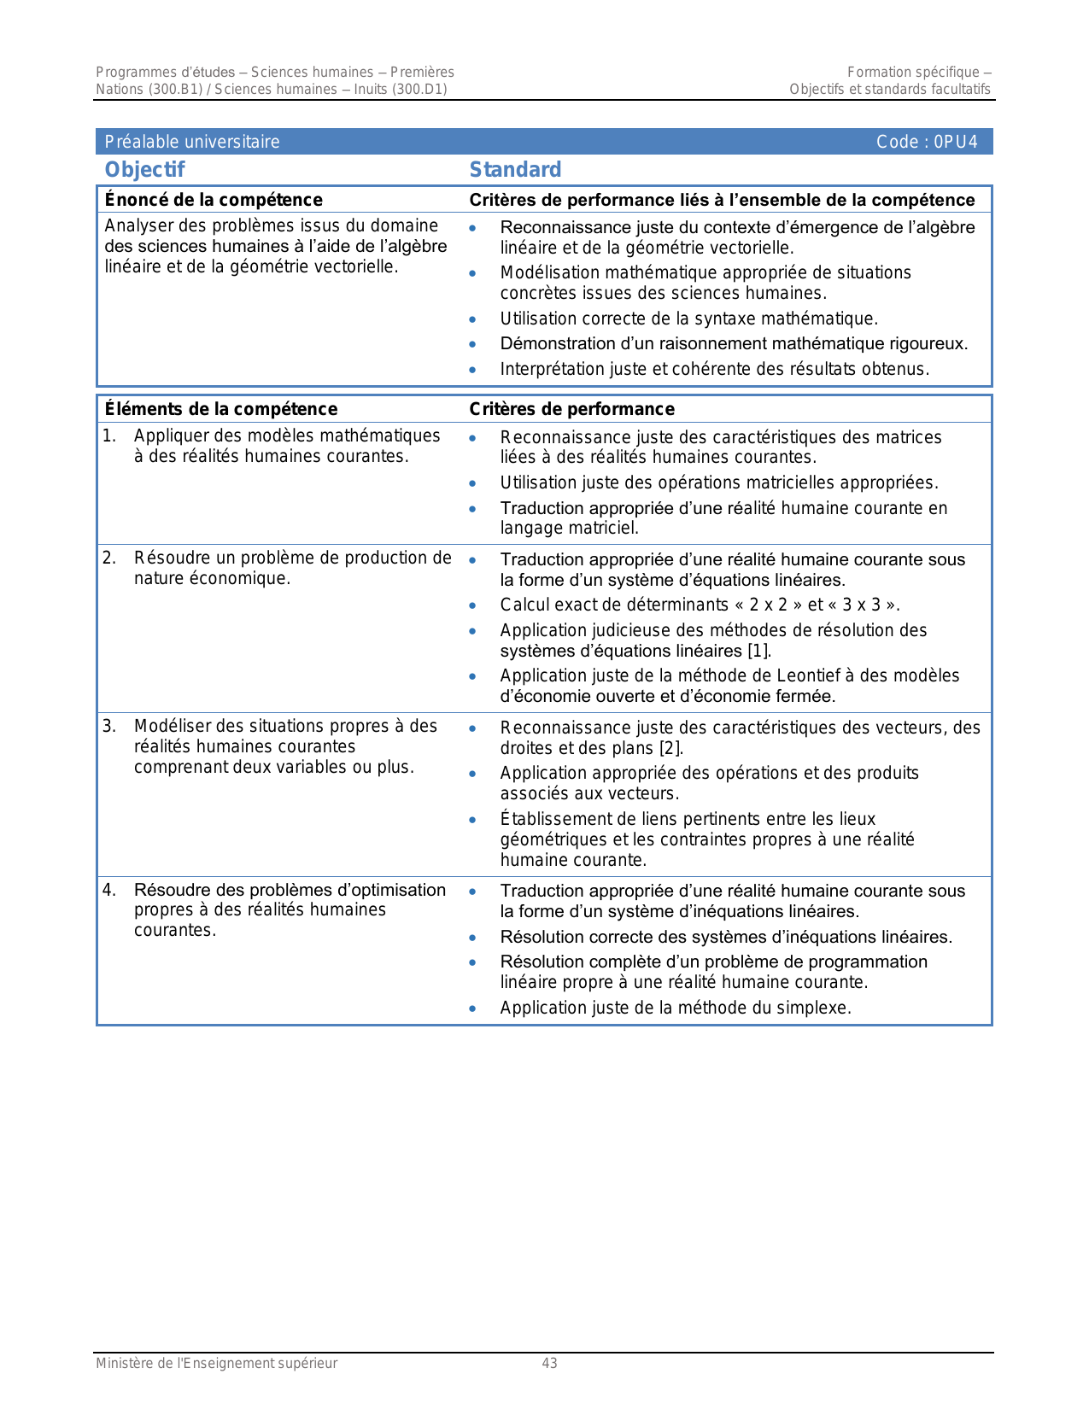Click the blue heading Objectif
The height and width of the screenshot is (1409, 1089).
tap(144, 170)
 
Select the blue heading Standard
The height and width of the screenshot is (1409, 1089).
tap(515, 170)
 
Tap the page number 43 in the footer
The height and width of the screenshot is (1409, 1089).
tap(549, 1364)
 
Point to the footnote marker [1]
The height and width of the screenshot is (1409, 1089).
tap(759, 651)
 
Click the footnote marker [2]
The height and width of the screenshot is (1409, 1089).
tap(670, 748)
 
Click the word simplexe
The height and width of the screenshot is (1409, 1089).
tap(815, 1008)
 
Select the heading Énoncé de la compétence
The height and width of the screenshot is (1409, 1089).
tap(214, 200)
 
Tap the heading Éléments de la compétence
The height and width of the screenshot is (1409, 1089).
tap(221, 409)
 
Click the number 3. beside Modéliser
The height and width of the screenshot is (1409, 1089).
tap(109, 726)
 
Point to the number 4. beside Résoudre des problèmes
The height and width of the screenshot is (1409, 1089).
tap(109, 890)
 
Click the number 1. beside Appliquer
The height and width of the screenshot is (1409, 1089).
tap(109, 436)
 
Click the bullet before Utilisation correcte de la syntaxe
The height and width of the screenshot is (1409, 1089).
tap(472, 319)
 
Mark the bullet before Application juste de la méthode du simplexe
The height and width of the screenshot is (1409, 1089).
tap(472, 1009)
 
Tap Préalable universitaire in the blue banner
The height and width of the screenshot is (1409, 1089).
tap(192, 142)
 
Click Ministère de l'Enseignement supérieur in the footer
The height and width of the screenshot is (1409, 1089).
tap(216, 1364)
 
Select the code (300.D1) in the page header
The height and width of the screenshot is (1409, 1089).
tap(419, 89)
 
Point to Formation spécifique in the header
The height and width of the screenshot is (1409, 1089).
tap(913, 72)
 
